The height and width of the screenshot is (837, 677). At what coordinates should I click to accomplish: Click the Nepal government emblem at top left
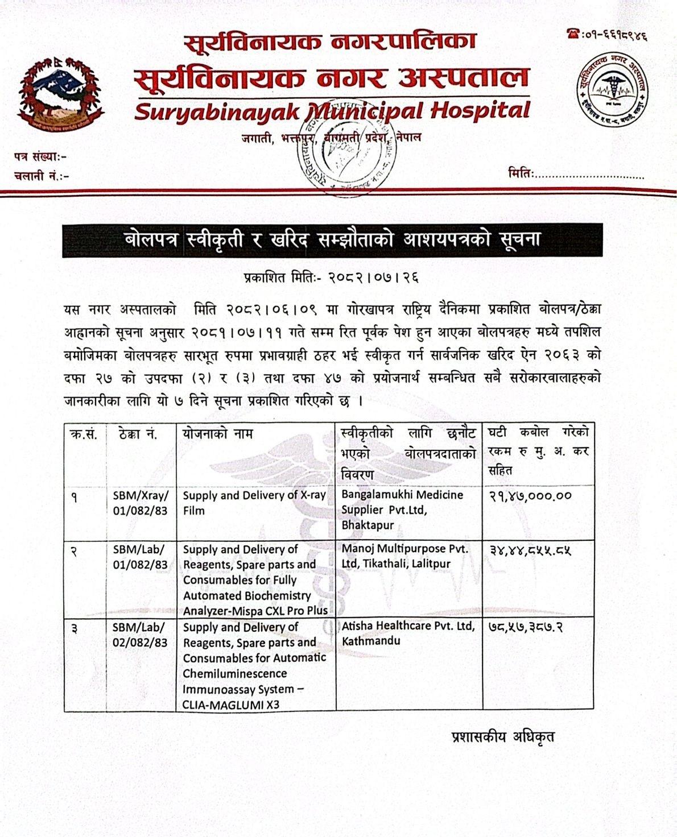[57, 94]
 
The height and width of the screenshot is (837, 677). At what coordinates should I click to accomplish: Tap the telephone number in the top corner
[608, 35]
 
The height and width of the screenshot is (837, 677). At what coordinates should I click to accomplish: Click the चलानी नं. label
[42, 176]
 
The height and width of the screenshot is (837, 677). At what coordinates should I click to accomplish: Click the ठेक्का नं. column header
[139, 434]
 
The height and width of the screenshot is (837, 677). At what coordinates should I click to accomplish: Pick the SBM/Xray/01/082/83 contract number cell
[141, 503]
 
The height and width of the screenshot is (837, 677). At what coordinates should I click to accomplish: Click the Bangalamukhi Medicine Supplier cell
[402, 510]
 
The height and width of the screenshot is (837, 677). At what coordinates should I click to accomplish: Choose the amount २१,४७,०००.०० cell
[530, 496]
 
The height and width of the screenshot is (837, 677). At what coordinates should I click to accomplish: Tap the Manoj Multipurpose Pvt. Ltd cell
[404, 557]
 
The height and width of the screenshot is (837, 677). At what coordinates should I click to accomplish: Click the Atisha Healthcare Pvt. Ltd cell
[407, 633]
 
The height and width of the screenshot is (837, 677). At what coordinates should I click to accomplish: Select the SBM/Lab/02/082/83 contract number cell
[141, 635]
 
